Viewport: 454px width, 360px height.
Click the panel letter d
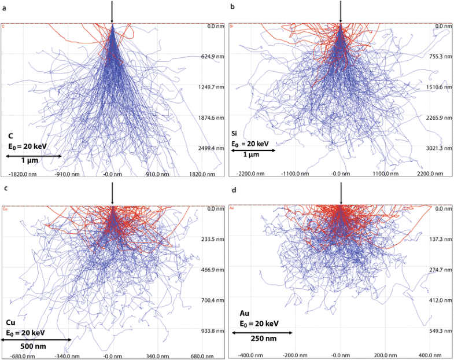232,188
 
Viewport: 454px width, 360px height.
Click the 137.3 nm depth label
440,239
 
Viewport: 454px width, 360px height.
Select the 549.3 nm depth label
440,331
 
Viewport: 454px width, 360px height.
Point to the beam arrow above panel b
341,12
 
